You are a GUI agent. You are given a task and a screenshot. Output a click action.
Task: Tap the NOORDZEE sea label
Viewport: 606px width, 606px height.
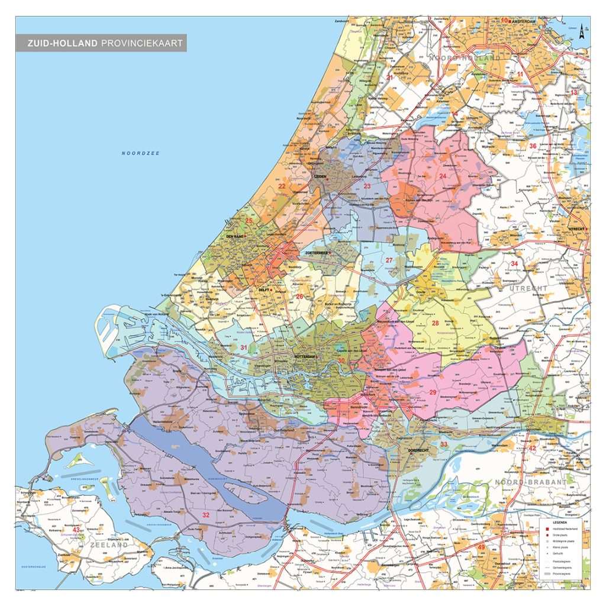click(141, 153)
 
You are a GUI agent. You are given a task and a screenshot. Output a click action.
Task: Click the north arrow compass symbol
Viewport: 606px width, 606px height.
click(583, 30)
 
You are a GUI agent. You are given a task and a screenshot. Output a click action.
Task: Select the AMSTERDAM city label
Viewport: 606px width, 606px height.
click(522, 21)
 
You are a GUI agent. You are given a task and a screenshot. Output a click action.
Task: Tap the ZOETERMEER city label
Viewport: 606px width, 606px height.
click(317, 253)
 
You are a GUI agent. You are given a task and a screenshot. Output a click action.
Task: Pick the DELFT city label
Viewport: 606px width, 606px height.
click(265, 291)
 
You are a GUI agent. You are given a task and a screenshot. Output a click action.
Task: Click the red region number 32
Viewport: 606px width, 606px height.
click(205, 514)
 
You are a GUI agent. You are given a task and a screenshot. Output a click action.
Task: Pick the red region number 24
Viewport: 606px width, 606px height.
click(442, 176)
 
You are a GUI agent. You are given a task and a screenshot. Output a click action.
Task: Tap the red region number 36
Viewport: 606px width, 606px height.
click(533, 146)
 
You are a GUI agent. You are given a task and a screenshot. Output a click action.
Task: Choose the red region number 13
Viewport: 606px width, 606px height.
click(573, 93)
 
